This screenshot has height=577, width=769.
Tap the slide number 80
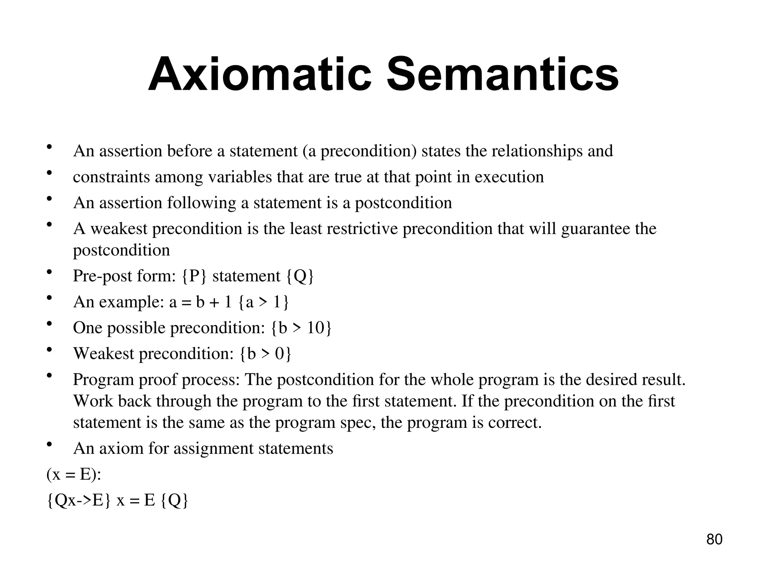click(714, 539)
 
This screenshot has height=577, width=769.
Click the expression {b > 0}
click(265, 354)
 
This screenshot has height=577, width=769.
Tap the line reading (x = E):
click(74, 474)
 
